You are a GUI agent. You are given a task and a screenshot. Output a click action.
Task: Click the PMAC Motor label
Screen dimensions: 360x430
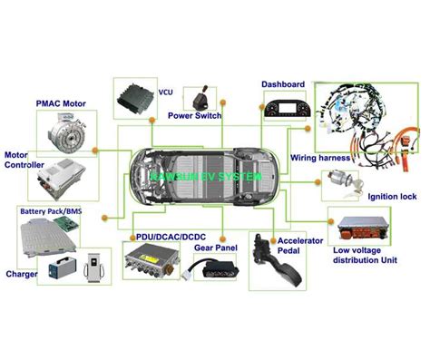pos(60,104)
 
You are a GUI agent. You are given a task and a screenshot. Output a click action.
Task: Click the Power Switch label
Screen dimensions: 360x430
pos(195,115)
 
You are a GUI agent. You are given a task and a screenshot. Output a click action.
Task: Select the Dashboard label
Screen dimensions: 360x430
pos(283,84)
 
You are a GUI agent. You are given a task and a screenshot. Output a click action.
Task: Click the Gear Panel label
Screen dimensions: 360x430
pos(214,247)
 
